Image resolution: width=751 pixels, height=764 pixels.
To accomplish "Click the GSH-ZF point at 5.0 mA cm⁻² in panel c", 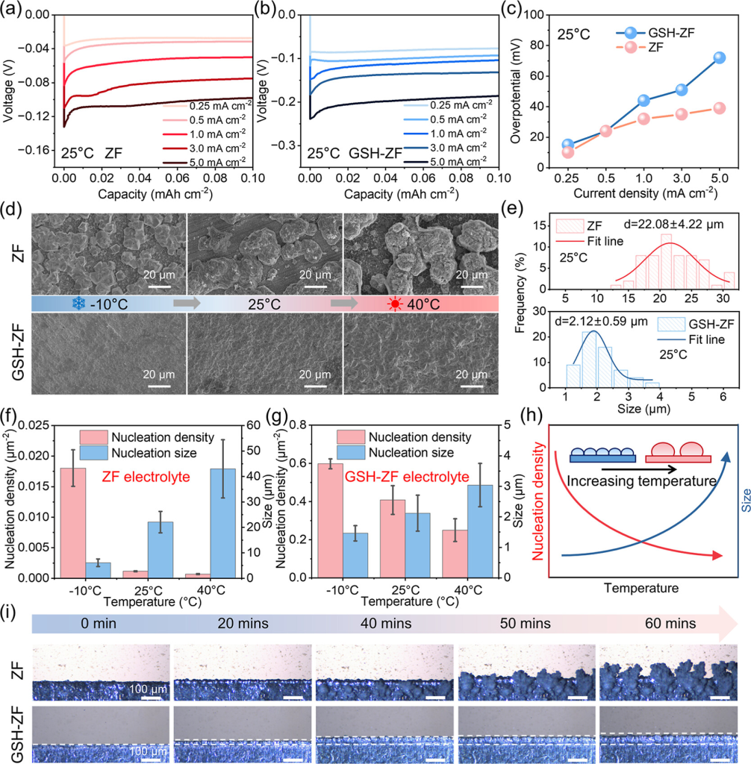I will pyautogui.click(x=720, y=57).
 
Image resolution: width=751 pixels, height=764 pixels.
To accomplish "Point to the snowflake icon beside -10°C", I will pyautogui.click(x=78, y=304).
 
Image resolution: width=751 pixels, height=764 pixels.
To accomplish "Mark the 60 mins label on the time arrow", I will pyautogui.click(x=670, y=624).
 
